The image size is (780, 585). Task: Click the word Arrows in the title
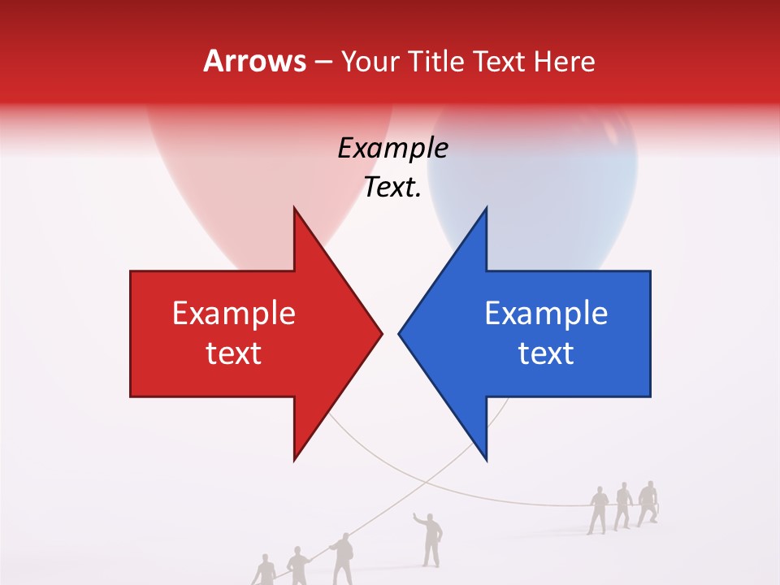254,61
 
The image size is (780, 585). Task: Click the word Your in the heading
370,61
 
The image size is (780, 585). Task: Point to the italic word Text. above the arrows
392,188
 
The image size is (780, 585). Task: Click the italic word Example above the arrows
392,149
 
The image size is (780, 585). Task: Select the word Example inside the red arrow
234,314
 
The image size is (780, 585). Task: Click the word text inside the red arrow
234,353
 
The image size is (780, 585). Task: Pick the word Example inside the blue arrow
546,314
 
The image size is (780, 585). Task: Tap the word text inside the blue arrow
546,353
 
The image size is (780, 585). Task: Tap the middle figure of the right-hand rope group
623,506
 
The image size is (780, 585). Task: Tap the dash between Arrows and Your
323,62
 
